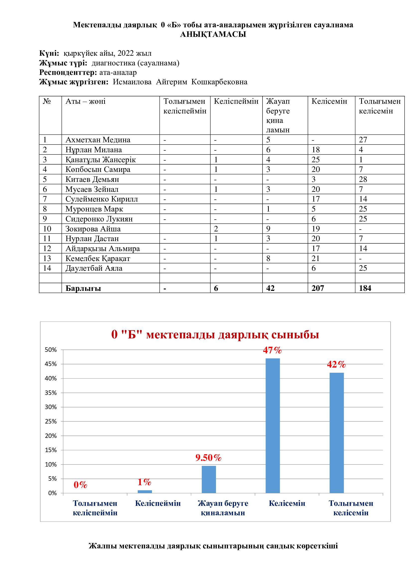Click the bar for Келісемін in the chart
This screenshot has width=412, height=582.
point(273,426)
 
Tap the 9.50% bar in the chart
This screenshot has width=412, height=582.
point(208,479)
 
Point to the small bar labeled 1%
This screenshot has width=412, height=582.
point(145,492)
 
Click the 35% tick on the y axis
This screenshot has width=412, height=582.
point(51,393)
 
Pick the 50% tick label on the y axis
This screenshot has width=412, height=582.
point(51,350)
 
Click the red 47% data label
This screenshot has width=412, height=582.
point(272,350)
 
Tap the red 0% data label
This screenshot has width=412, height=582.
point(80,485)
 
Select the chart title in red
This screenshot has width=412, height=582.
point(215,335)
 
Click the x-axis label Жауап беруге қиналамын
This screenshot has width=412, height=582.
point(223,508)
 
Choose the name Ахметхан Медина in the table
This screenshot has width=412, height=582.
point(98,140)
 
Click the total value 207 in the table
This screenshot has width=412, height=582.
point(318,288)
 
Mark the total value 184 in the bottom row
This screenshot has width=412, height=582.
point(365,288)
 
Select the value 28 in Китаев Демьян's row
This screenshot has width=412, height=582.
point(363,179)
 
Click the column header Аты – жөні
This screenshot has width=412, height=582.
point(85,101)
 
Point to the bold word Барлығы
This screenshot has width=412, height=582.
point(83,288)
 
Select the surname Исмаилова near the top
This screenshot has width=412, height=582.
point(132,82)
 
